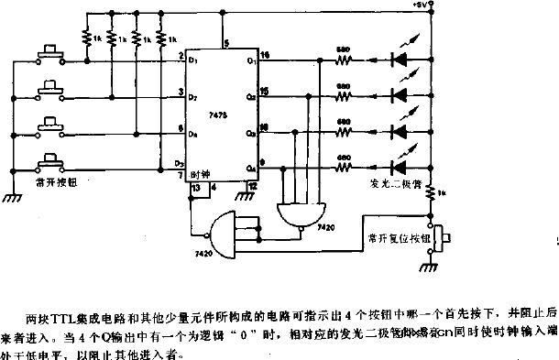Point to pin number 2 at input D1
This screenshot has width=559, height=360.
coord(181,58)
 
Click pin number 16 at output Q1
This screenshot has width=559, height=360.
coord(265,56)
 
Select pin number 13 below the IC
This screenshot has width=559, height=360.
coord(196,187)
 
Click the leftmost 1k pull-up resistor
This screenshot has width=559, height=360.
coord(89,39)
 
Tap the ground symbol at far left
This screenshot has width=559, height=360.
coord(12,194)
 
